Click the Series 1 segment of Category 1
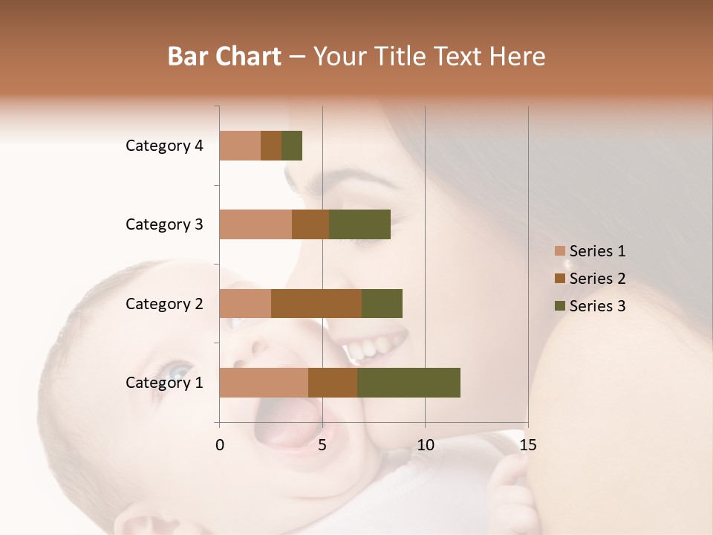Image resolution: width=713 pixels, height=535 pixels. tap(264, 383)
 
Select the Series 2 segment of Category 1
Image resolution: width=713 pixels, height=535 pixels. tap(333, 383)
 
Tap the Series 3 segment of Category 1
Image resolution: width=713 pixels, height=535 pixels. tap(408, 383)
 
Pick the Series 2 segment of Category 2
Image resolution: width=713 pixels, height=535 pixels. tap(316, 303)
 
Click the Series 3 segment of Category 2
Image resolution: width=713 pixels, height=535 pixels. tap(382, 303)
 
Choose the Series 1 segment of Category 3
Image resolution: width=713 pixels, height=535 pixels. tap(255, 224)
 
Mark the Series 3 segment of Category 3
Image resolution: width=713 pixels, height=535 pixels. tap(359, 224)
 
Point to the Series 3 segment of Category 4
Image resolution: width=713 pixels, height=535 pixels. tap(292, 146)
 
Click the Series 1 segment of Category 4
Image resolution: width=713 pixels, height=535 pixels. tap(240, 146)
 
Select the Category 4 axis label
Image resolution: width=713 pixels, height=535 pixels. tap(164, 146)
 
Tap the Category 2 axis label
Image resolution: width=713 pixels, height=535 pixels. tap(164, 303)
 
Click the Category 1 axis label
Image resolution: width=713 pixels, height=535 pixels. tap(164, 383)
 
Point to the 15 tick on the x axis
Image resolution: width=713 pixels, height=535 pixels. tap(527, 445)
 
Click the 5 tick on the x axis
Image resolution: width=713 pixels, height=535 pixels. tap(322, 445)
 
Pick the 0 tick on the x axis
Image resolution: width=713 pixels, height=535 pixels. tap(220, 445)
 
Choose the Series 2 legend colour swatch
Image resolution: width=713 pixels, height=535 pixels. tap(559, 279)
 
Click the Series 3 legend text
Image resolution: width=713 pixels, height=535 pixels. tap(597, 305)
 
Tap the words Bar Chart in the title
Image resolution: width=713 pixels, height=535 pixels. tap(224, 56)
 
